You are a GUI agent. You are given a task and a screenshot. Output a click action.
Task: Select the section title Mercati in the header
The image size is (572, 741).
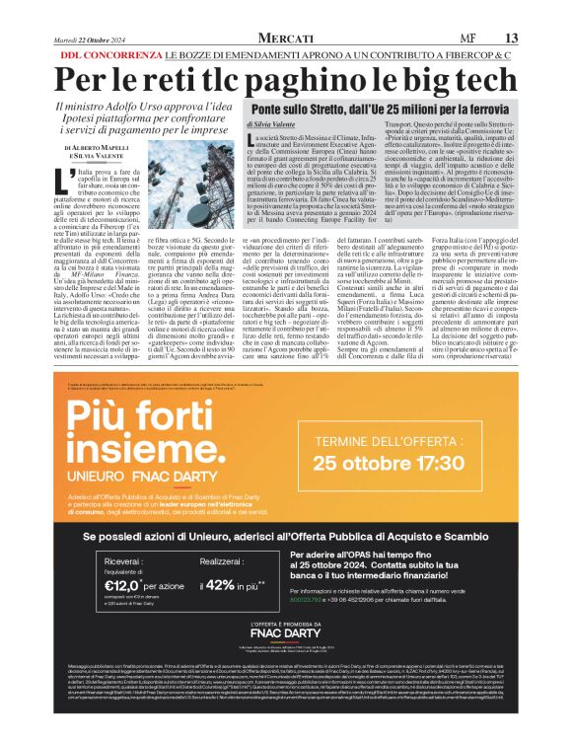tap(286, 37)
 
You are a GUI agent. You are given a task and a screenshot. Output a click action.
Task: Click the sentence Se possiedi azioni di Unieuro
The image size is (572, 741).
tap(285, 536)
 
